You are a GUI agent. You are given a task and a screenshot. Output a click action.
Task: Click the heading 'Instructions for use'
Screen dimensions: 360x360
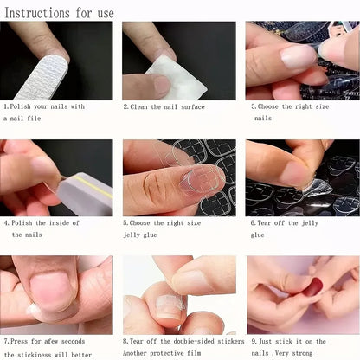point(60,12)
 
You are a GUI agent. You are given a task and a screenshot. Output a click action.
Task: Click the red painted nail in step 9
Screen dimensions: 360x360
point(312,286)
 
